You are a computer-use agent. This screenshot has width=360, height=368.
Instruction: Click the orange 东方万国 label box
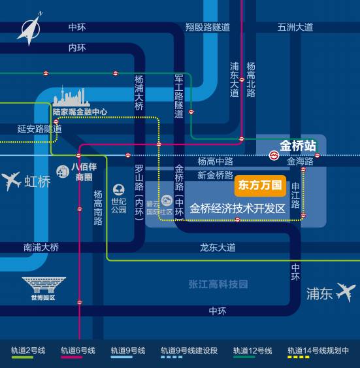[259, 185]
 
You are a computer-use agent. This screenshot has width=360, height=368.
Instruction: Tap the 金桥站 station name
[298, 146]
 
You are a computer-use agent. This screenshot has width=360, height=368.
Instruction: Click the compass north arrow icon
[29, 29]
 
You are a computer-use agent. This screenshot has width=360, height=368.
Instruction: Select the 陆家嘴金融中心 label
[80, 112]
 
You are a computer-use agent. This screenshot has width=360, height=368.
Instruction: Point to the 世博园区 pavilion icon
[43, 285]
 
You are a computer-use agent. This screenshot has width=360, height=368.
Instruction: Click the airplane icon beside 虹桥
[11, 180]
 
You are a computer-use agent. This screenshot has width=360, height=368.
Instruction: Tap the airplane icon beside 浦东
[346, 292]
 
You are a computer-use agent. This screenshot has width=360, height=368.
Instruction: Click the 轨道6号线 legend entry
[78, 351]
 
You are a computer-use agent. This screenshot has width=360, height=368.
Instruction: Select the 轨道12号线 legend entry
[252, 351]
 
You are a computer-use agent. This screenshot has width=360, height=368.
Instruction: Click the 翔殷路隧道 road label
[208, 27]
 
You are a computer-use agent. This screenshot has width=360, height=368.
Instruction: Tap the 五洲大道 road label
[295, 27]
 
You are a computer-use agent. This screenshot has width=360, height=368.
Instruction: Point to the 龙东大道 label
[218, 248]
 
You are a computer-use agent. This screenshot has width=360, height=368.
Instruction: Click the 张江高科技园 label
[218, 284]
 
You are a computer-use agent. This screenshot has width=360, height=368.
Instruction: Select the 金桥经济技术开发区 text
[238, 209]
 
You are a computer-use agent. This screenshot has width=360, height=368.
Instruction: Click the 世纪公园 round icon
[119, 190]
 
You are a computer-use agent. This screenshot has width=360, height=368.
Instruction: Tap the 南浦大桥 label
[41, 248]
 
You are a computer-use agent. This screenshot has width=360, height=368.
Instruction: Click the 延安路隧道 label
[39, 129]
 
